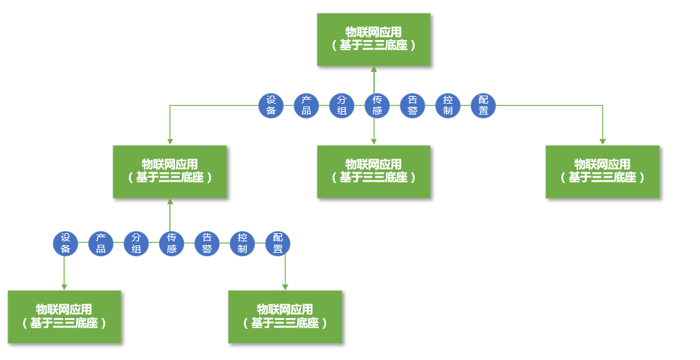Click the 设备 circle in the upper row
pos(271,105)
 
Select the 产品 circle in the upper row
pos(307,105)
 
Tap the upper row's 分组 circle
pos(342,105)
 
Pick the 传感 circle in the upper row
pos(377,105)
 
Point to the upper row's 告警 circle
pos(412,105)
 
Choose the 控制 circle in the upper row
pos(448,105)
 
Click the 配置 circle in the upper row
pos(483,105)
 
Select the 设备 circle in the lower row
pos(66,243)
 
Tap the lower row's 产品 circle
pos(101,243)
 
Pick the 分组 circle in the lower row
pos(136,243)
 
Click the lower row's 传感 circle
pos(172,243)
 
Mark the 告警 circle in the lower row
pos(207,243)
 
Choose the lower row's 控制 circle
pos(242,243)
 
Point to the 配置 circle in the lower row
pos(277,243)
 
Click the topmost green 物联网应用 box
pos(374,39)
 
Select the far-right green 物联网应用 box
pos(602,172)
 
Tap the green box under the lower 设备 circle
pos(64,317)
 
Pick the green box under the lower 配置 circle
pos(285,317)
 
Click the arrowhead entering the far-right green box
pos(602,141)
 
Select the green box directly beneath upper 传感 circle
pos(374,172)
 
